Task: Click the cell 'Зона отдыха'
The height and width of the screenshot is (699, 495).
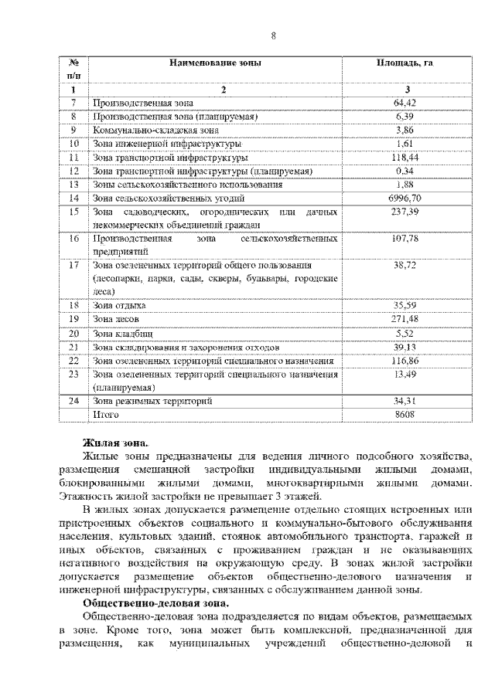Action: (119, 306)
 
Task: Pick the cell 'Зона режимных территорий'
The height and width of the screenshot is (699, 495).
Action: (152, 401)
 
